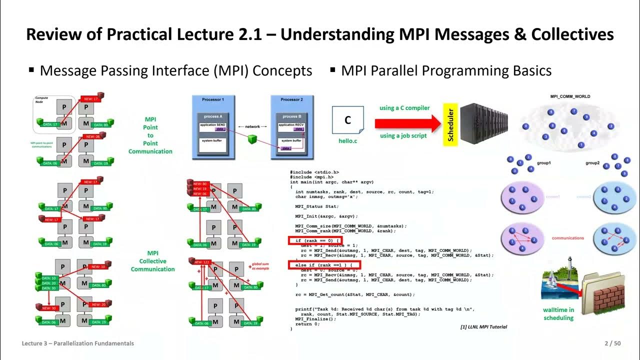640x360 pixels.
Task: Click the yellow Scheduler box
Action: [x=450, y=124]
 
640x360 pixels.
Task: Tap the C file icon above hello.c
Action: [x=347, y=120]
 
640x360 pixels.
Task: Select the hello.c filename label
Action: [x=347, y=141]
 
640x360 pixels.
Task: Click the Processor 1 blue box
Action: [x=213, y=127]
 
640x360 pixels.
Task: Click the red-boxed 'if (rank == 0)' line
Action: [x=315, y=241]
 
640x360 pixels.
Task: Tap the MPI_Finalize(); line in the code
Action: [x=315, y=318]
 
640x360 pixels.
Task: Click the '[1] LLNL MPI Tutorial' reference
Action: [x=483, y=327]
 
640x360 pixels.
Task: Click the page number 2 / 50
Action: [x=612, y=343]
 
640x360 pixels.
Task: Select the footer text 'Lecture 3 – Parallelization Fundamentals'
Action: [x=77, y=343]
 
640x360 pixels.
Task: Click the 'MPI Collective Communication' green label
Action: [x=152, y=261]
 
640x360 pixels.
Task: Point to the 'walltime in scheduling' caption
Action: [x=558, y=313]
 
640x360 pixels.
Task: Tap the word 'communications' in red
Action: [x=567, y=238]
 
